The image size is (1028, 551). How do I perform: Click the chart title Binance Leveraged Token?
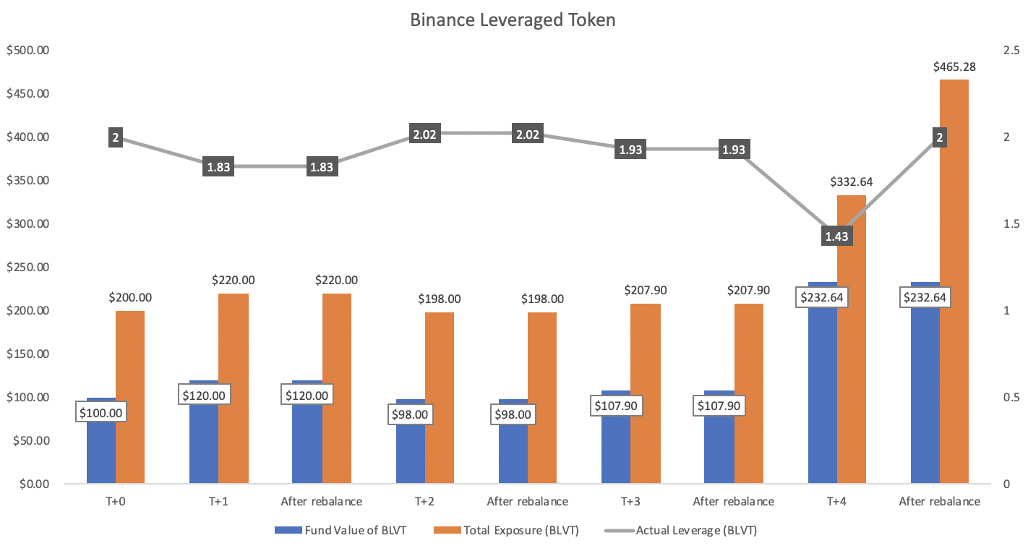tap(513, 20)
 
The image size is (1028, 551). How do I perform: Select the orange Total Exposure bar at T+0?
tap(130, 397)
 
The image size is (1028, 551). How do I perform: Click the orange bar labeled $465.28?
tap(954, 289)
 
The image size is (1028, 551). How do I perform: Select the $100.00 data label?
tap(100, 413)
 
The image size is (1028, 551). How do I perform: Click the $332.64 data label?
tap(852, 181)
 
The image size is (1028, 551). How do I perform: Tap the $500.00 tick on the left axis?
tap(27, 51)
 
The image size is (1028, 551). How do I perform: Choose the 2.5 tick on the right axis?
tap(1011, 51)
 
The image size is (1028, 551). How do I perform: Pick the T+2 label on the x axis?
tap(424, 501)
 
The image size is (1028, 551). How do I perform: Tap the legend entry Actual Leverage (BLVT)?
tap(696, 531)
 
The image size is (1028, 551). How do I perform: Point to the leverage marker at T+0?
tap(116, 137)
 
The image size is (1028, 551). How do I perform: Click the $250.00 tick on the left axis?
tap(27, 268)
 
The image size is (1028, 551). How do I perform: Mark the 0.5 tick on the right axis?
tap(1011, 398)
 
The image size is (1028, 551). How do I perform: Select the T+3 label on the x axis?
tap(630, 501)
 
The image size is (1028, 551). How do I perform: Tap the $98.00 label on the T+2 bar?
tap(410, 414)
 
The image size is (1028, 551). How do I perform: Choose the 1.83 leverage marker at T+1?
tap(218, 166)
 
